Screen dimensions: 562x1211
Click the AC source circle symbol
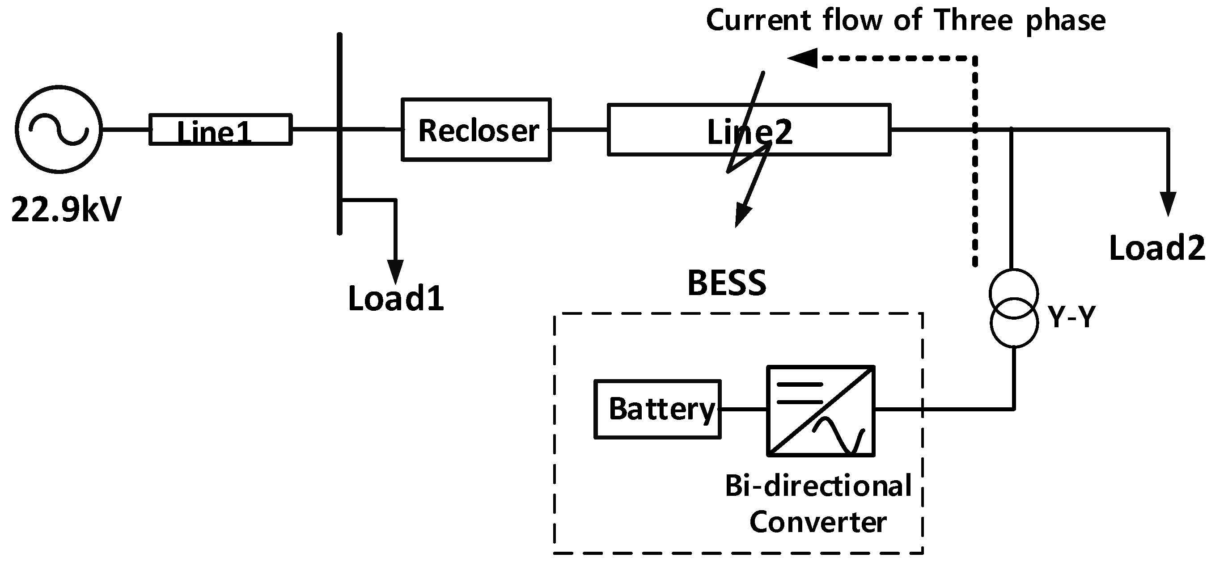pos(59,129)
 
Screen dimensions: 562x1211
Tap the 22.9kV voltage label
pos(66,210)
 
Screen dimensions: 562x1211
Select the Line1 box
pos(220,129)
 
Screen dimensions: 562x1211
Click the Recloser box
pos(476,130)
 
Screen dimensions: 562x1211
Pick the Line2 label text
pos(749,132)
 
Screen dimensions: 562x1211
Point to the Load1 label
pos(396,299)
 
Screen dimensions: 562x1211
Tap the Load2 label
pos(1157,248)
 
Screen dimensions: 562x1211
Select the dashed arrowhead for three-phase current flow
pos(803,58)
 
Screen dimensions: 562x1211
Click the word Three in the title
pos(972,21)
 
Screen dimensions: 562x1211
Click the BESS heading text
pos(727,283)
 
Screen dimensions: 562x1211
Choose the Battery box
pos(657,409)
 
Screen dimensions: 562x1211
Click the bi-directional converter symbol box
pos(821,411)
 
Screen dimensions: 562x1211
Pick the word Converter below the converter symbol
pos(817,522)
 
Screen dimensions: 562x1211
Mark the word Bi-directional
pos(818,486)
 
